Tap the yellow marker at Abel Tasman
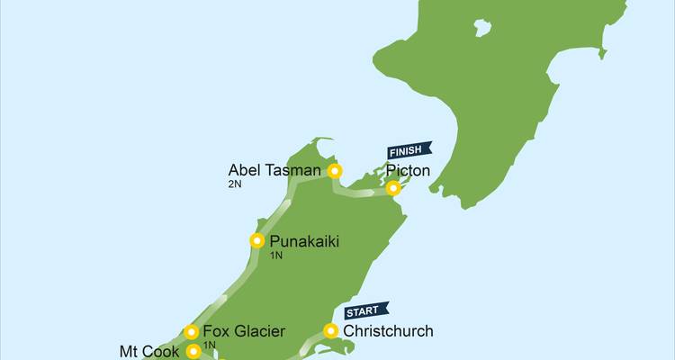(x=335, y=171)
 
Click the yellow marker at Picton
(x=393, y=188)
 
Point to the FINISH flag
(x=409, y=150)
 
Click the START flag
(x=365, y=311)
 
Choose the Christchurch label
(x=388, y=331)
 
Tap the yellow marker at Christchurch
(x=331, y=331)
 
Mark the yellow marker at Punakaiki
(x=257, y=240)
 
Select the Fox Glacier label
(x=244, y=331)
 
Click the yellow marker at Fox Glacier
(x=192, y=332)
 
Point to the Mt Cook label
(x=149, y=351)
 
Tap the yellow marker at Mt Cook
(x=193, y=351)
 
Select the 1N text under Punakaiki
(x=276, y=256)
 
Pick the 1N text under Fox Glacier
(x=210, y=346)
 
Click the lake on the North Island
(x=482, y=27)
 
